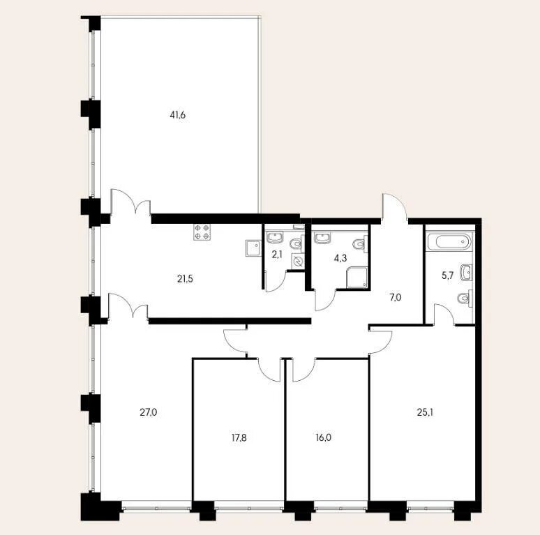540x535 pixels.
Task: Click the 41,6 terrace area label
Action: click(x=178, y=115)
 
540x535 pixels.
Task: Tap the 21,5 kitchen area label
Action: click(x=185, y=279)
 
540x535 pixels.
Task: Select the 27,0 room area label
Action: click(x=149, y=412)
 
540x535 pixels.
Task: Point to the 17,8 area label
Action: click(x=239, y=438)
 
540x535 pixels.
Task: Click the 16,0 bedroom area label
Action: click(x=324, y=438)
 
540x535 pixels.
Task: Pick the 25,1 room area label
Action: click(x=425, y=412)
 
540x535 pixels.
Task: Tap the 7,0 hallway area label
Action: click(x=396, y=297)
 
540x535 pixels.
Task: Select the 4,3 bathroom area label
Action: click(x=340, y=259)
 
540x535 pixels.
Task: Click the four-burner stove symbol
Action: click(x=202, y=232)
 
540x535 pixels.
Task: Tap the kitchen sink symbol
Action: click(x=253, y=248)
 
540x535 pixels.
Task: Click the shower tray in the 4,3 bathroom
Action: click(x=357, y=277)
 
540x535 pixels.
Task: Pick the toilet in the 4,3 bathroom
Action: click(x=360, y=243)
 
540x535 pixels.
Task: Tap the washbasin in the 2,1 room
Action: click(x=275, y=237)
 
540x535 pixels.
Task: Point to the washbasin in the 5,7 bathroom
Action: click(x=466, y=273)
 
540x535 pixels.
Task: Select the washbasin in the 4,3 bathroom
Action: click(x=322, y=238)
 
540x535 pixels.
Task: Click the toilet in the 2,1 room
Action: click(x=297, y=243)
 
